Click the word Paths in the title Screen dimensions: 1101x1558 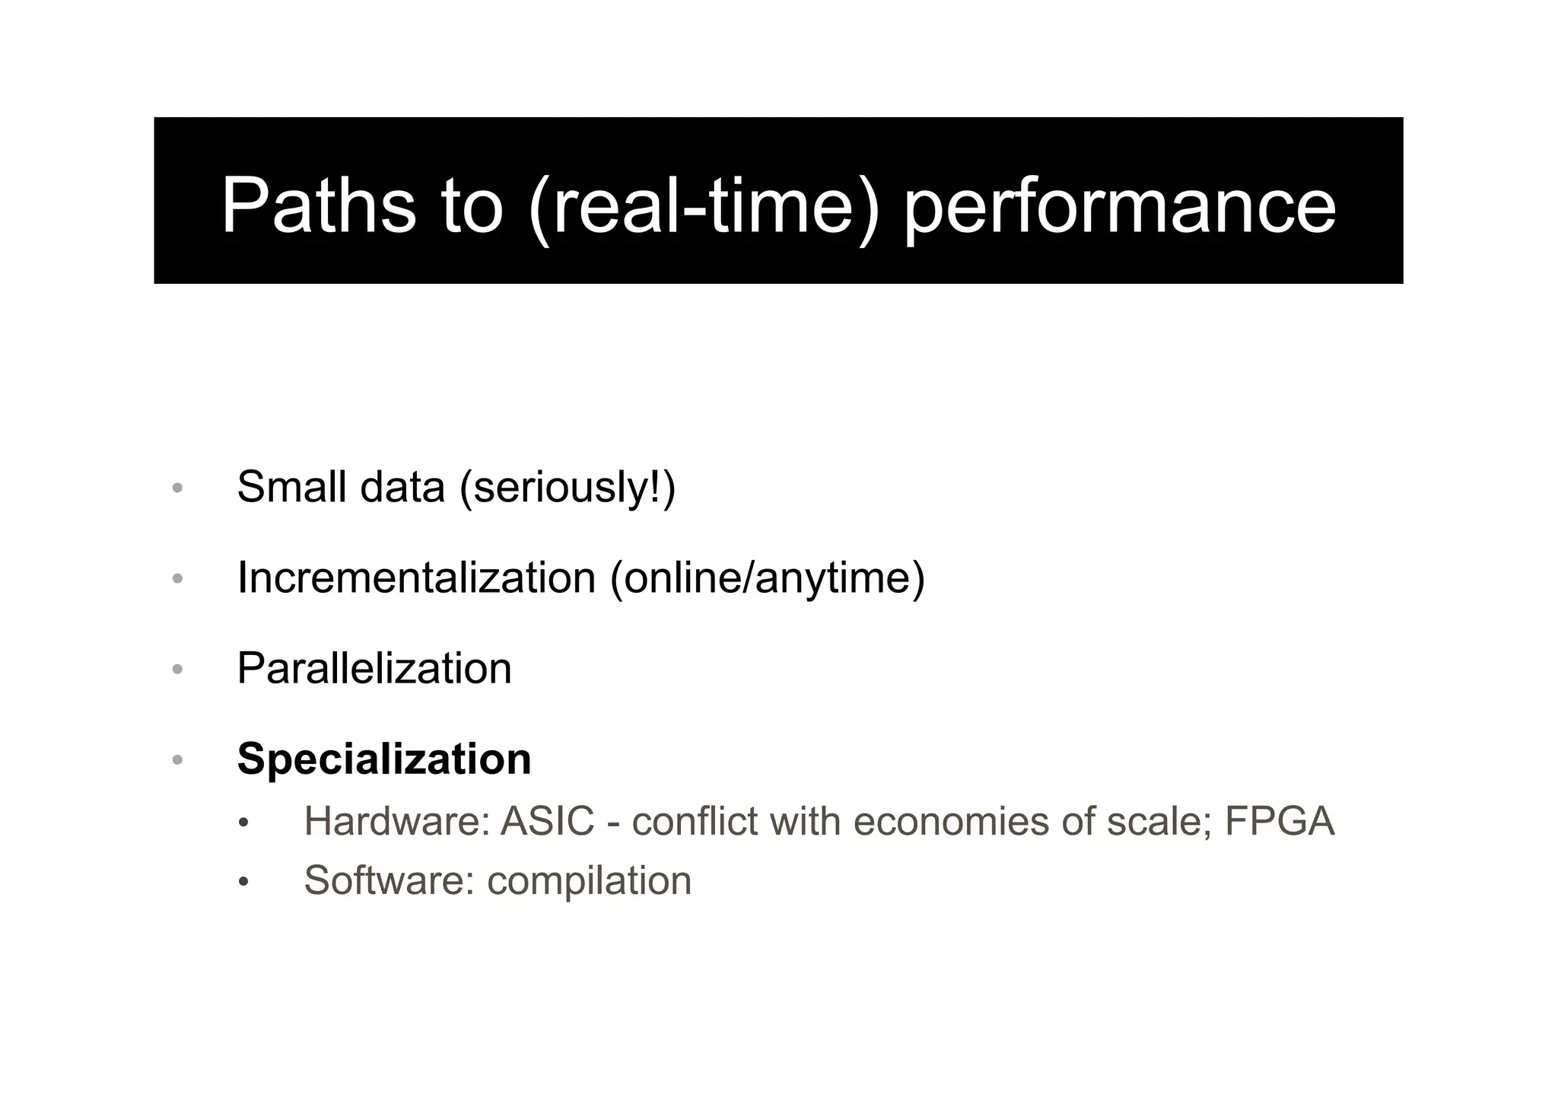[318, 205]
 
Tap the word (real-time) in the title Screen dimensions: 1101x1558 [704, 205]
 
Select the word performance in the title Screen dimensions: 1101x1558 [1120, 205]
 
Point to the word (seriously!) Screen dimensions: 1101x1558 [567, 488]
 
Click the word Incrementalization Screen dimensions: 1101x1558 [416, 578]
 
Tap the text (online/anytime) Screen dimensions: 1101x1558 [767, 578]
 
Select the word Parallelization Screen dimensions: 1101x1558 [374, 668]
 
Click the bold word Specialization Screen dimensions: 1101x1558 [384, 759]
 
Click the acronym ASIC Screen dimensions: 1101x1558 [547, 822]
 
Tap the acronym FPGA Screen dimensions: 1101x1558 [1280, 822]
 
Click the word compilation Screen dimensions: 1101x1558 [589, 881]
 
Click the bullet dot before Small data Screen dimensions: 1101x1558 [177, 488]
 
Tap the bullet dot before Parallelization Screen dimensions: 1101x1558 [177, 670]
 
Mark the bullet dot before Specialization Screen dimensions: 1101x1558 [177, 760]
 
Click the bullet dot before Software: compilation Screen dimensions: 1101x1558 [243, 882]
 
